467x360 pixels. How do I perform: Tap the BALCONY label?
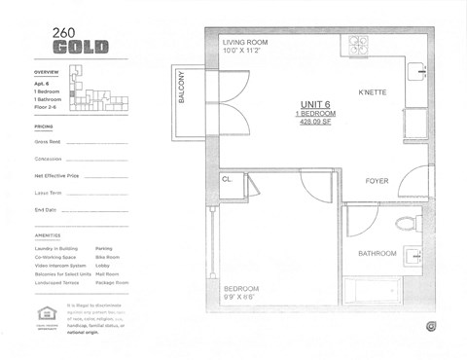[182, 98]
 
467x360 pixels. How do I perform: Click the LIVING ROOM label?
[247, 44]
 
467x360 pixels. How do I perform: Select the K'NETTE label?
[373, 93]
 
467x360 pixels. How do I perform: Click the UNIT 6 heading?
[313, 105]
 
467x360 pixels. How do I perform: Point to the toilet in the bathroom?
[404, 224]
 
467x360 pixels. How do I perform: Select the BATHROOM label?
[377, 253]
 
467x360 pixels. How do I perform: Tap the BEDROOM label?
[240, 289]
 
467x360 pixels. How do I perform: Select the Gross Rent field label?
[48, 142]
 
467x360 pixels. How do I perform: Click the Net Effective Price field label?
[56, 175]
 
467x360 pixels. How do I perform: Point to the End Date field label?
[46, 209]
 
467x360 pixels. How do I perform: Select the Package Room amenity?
[113, 283]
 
